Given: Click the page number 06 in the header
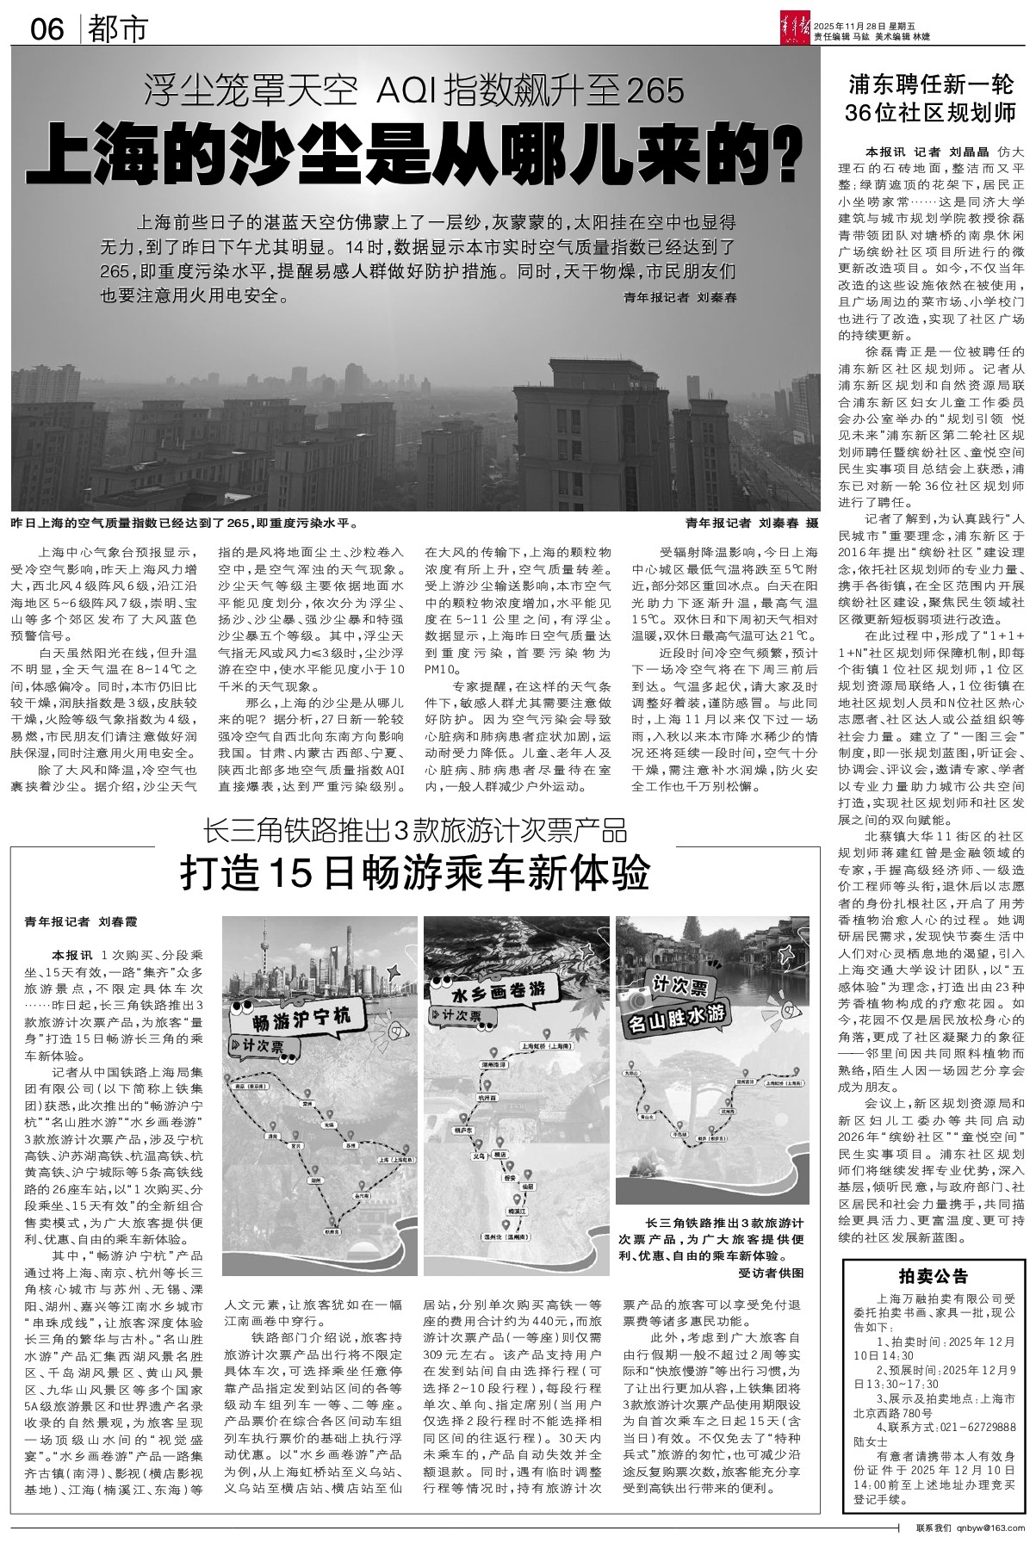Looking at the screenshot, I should tap(47, 31).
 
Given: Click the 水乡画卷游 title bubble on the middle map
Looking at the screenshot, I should tap(499, 991).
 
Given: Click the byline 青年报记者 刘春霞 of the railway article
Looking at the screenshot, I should tap(81, 921).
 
